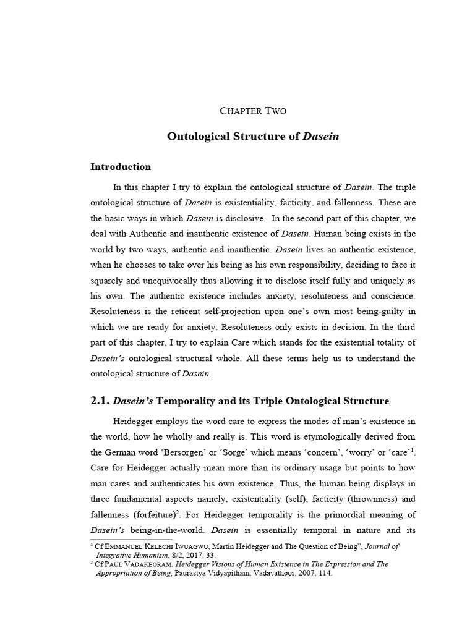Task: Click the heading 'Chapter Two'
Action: [x=254, y=111]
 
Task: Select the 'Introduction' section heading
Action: [x=121, y=166]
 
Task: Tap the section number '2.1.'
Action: [x=100, y=401]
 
